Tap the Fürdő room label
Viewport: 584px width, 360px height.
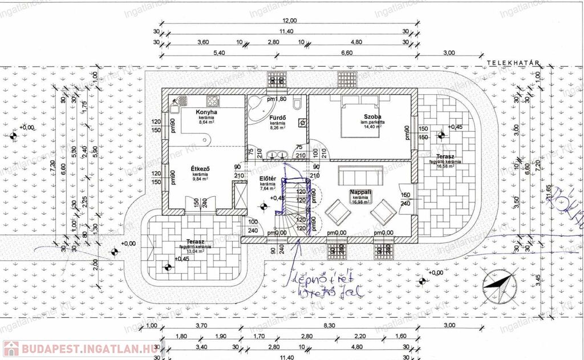[278, 119]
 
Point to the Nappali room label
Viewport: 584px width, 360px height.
[360, 193]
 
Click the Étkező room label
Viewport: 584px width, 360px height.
[201, 169]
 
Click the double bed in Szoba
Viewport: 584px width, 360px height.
[361, 118]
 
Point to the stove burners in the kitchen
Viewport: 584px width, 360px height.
[213, 101]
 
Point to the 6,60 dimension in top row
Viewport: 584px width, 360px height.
[346, 52]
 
